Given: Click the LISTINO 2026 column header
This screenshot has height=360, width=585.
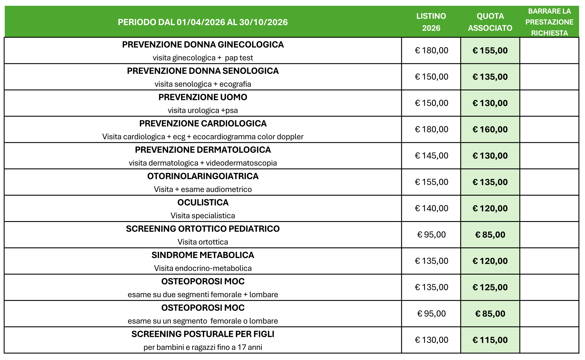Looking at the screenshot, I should click(x=431, y=22).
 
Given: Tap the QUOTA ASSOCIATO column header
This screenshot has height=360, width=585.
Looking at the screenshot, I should click(x=490, y=22).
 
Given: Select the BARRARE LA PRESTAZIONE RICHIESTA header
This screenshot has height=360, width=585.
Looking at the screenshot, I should click(x=549, y=22).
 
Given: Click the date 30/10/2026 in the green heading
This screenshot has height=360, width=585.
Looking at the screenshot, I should click(x=263, y=22).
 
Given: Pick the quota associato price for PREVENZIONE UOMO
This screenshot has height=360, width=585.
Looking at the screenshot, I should click(x=490, y=103).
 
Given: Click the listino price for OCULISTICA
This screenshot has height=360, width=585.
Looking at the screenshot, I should click(x=431, y=208).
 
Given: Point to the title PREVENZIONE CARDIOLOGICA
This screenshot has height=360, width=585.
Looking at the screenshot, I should click(x=203, y=124).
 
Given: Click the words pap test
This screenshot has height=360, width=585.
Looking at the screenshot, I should click(x=239, y=58).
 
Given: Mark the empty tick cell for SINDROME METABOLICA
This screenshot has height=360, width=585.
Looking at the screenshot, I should click(x=549, y=261).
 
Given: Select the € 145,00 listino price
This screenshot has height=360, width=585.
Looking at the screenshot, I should click(x=431, y=156).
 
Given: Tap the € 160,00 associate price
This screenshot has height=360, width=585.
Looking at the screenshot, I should click(x=490, y=129).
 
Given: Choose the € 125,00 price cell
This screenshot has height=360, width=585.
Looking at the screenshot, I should click(x=490, y=287).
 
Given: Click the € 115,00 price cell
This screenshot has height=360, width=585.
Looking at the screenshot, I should click(x=490, y=340).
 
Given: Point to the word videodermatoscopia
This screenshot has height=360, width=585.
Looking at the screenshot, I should click(x=241, y=163).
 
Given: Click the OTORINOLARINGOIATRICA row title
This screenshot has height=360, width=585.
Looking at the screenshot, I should click(x=203, y=176).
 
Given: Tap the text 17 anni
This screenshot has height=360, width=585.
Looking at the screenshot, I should click(x=250, y=347).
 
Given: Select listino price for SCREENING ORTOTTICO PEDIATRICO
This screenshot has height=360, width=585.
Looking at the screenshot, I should click(x=431, y=235).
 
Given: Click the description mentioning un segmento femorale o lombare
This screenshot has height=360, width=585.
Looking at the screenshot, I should click(x=203, y=321).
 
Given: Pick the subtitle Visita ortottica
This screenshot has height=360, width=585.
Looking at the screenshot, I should click(x=203, y=242).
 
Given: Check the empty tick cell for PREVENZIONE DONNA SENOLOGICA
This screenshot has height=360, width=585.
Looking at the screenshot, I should click(x=549, y=77).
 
